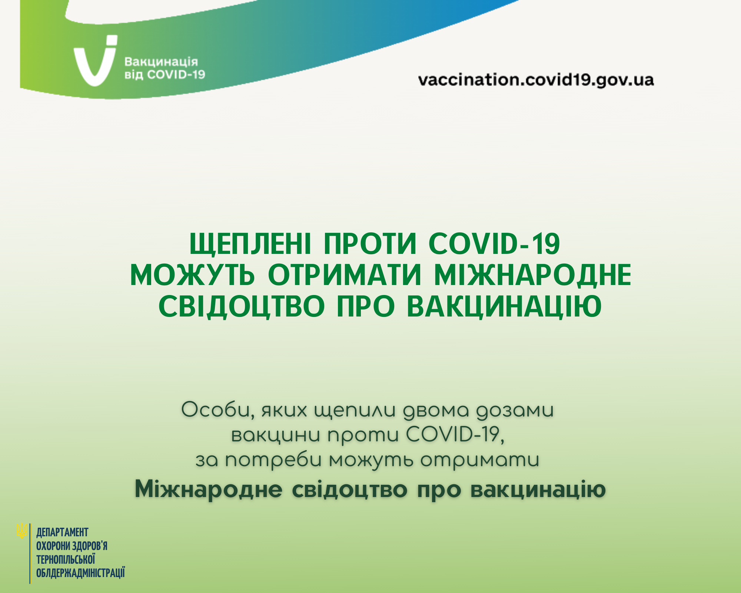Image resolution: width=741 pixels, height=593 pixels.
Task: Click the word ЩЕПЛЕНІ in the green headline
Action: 250,244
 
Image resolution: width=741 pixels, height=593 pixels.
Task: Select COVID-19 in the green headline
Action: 494,244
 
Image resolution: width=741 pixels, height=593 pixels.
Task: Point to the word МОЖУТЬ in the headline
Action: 193,275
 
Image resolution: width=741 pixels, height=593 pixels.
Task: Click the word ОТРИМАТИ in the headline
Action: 345,275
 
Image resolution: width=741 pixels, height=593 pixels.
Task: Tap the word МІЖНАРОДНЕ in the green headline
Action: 533,276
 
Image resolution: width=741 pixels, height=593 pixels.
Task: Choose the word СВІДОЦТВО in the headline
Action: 242,307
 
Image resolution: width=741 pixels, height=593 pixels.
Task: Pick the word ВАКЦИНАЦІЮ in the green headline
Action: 504,307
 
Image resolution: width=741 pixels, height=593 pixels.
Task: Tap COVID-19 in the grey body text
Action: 455,434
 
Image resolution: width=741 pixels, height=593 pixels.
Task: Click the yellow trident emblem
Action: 22,531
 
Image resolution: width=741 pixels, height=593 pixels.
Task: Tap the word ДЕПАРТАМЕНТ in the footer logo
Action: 62,533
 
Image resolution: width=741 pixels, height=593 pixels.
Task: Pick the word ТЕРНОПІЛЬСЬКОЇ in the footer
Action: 66,559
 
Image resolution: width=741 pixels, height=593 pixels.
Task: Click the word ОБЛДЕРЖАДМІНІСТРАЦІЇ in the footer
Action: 80,573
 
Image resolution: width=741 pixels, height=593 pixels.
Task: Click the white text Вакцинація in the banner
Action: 161,62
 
